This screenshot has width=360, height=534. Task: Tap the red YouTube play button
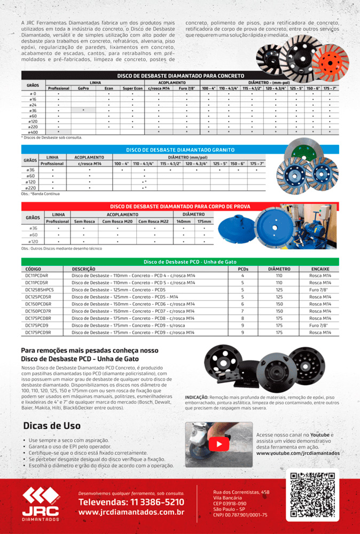[219, 444]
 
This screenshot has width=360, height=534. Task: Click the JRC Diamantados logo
[41, 505]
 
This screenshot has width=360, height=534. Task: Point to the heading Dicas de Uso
[52, 426]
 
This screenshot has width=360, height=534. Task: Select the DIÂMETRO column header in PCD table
[279, 269]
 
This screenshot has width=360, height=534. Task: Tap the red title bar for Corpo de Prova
[180, 206]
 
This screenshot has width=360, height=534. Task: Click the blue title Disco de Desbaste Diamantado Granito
[180, 150]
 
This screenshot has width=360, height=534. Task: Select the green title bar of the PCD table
[180, 262]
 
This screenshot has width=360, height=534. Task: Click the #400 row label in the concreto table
[33, 131]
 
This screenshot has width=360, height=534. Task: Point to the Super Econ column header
[132, 88]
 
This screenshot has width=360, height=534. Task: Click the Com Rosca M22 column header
[153, 221]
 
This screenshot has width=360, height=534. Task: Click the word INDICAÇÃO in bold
[197, 398]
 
